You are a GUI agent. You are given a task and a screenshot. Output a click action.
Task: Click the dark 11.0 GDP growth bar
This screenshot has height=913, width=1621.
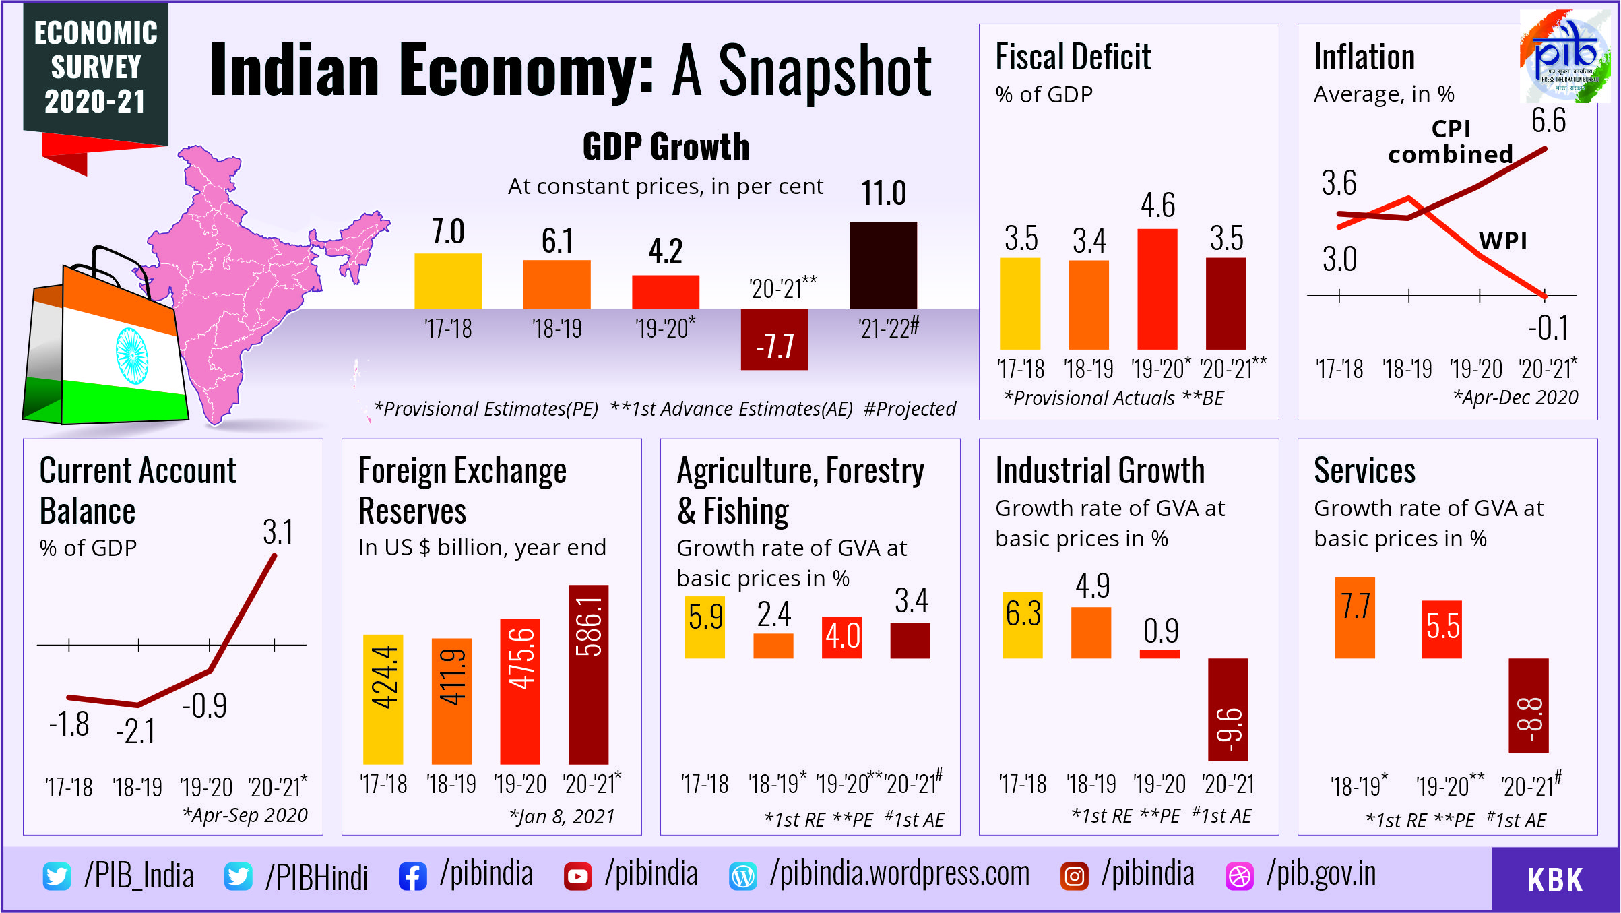click(x=883, y=265)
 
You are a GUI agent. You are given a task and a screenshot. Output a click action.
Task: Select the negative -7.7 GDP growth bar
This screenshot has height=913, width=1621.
click(x=774, y=340)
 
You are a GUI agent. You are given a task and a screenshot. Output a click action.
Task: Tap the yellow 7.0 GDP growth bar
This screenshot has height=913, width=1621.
click(x=448, y=281)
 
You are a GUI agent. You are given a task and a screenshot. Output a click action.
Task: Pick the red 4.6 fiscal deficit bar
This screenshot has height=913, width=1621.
click(x=1157, y=289)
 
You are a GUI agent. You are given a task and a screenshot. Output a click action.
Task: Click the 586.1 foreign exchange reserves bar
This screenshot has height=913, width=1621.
click(x=588, y=674)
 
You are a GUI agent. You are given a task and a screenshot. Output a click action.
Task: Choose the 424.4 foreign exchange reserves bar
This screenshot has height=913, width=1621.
click(x=383, y=699)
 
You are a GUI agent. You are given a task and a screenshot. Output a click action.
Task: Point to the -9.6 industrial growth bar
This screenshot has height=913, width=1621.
click(x=1228, y=710)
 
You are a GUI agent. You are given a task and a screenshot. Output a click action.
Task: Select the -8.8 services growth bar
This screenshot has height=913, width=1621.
click(x=1528, y=705)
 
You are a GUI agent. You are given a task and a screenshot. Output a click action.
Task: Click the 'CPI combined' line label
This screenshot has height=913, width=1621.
click(x=1451, y=141)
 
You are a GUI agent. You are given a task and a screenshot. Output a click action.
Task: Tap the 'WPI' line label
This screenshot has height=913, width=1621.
click(x=1502, y=241)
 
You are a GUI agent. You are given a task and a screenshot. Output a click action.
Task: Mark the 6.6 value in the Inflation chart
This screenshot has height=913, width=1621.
click(x=1548, y=121)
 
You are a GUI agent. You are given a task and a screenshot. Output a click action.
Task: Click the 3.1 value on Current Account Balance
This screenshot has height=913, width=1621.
click(x=278, y=532)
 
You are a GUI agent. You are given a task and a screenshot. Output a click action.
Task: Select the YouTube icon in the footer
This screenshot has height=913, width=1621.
click(x=577, y=876)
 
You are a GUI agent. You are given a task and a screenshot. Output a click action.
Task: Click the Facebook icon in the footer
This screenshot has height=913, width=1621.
click(x=412, y=876)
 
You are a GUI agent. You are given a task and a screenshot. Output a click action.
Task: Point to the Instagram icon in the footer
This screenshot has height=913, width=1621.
click(x=1074, y=876)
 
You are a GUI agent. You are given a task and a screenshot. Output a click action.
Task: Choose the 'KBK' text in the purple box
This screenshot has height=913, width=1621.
click(x=1554, y=879)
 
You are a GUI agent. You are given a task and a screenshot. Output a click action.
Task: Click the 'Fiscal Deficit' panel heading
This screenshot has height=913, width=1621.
click(x=1073, y=57)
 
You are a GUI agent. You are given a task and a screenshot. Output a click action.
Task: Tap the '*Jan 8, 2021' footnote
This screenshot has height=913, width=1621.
click(x=562, y=816)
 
